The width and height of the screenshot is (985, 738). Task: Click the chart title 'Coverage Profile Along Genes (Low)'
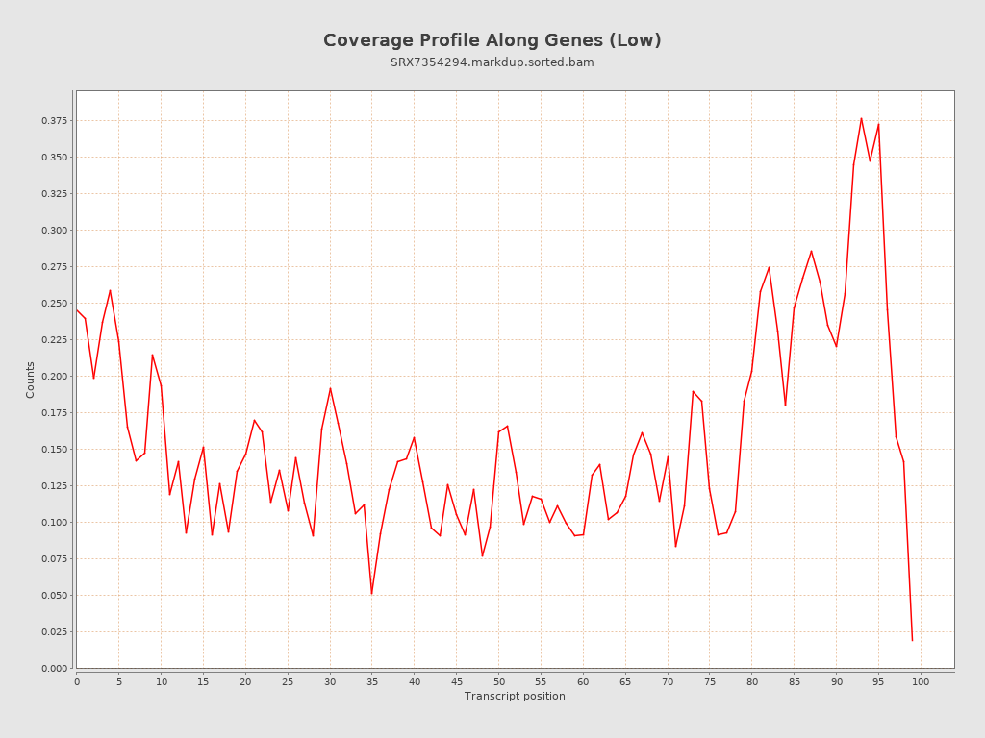tap(492, 40)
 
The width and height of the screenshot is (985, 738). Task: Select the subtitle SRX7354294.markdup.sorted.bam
tap(492, 62)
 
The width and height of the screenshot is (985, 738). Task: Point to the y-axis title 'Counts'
tap(31, 380)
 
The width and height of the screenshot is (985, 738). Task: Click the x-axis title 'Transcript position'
tap(515, 696)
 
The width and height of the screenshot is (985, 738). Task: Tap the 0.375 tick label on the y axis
tap(54, 121)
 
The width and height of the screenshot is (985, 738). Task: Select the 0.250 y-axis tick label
tap(54, 304)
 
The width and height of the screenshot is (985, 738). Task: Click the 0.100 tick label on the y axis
tap(54, 523)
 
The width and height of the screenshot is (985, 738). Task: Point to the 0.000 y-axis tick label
tap(54, 669)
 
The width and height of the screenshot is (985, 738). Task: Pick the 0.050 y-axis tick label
tap(54, 596)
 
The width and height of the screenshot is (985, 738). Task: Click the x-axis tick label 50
tap(498, 681)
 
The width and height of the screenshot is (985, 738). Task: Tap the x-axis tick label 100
tap(921, 681)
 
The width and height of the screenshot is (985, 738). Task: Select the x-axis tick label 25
tap(288, 681)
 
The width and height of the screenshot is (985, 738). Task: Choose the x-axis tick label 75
tap(710, 681)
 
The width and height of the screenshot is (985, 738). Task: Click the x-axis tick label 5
tap(119, 681)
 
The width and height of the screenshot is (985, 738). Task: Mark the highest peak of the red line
tap(861, 118)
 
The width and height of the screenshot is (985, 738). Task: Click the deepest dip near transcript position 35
tap(371, 594)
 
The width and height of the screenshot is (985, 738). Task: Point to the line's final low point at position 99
tap(912, 640)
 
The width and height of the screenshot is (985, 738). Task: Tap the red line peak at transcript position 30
tap(330, 388)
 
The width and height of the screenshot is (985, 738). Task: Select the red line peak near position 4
tap(110, 290)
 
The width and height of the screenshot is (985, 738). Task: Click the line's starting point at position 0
tap(77, 309)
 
